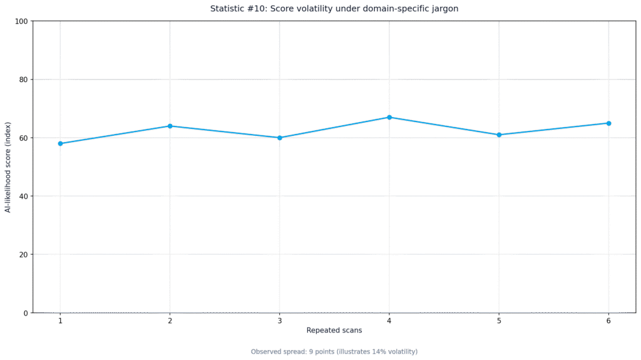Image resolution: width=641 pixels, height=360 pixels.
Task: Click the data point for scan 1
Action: (x=61, y=143)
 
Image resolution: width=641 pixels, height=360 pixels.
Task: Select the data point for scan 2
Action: (x=170, y=126)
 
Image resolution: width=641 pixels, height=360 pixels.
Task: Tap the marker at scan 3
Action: (x=280, y=138)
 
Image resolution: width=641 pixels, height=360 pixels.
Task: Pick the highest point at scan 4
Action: (x=389, y=118)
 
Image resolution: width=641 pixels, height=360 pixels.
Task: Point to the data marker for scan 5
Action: (x=499, y=135)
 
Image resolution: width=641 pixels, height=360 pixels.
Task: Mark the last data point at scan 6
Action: (x=608, y=123)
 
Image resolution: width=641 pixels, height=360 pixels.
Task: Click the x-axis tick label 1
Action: (x=61, y=321)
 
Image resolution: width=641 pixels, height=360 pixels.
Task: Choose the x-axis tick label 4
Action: (x=389, y=321)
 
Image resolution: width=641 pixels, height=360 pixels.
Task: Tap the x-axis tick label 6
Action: (x=608, y=321)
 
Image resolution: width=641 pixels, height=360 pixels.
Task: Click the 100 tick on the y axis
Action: (x=21, y=21)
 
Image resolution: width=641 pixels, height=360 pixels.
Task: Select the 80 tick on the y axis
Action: (x=23, y=80)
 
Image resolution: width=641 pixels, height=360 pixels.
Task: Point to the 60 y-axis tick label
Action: (x=23, y=138)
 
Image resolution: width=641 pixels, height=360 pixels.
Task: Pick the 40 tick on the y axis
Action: (x=23, y=197)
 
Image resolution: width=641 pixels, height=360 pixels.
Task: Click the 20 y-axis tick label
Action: (x=23, y=254)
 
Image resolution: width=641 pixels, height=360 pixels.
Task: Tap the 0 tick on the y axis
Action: (x=25, y=313)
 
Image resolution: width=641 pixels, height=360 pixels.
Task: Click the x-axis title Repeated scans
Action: (x=334, y=330)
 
